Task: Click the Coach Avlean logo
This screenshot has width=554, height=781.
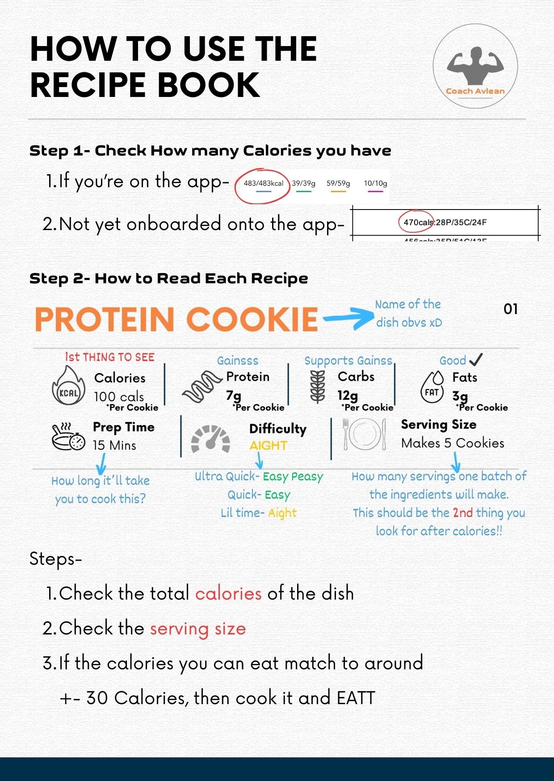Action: pos(475,66)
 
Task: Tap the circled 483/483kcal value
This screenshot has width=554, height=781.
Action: pos(263,183)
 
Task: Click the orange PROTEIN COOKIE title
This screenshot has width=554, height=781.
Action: pos(176,319)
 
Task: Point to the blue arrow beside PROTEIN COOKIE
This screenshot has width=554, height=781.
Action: pos(349,318)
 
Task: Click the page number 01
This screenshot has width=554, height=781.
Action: pos(511,309)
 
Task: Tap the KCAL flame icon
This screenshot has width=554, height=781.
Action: pos(69,385)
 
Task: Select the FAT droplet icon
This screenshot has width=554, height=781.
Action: pos(432,387)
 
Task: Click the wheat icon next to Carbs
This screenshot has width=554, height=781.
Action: pos(318,387)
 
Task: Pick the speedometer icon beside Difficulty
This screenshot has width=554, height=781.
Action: pos(210,439)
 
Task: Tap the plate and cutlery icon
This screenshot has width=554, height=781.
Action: pos(365,434)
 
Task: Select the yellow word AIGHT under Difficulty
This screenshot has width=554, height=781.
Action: pos(268,445)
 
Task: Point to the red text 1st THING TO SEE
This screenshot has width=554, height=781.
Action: pos(109,357)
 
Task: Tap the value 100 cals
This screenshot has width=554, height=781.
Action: pos(119,396)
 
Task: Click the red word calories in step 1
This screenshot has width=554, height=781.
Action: pos(228,593)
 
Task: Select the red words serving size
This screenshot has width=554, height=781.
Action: pos(198,629)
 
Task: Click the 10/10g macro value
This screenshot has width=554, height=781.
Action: pos(375,183)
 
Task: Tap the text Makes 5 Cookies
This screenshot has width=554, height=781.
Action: pos(453,443)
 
